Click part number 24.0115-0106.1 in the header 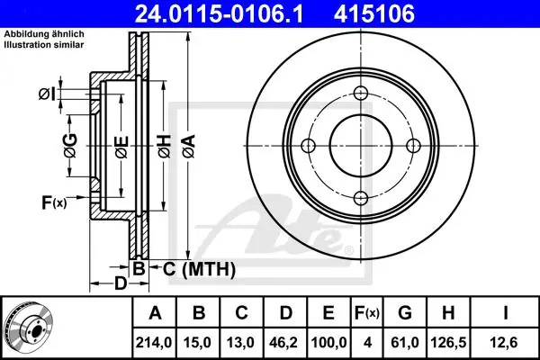coord(219,13)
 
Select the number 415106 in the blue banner coord(374,13)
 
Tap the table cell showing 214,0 coord(154,342)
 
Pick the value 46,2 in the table coord(283,342)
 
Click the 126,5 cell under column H coord(448,342)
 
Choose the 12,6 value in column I coord(505,342)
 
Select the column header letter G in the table coord(405,313)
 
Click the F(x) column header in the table coord(367,313)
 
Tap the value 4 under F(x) coord(368,342)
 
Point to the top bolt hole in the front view coord(361,93)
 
